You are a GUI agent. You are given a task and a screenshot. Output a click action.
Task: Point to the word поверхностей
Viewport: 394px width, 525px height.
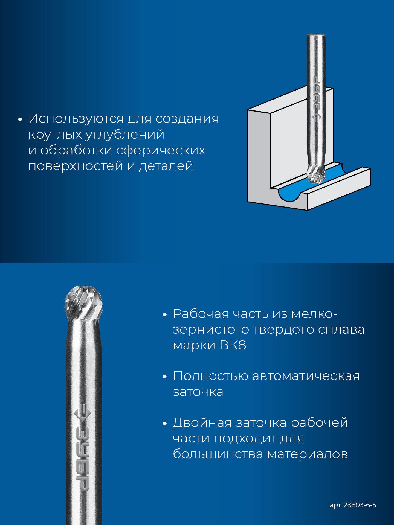click(x=76, y=166)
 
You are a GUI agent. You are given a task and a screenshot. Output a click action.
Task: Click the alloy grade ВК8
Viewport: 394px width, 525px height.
click(x=233, y=345)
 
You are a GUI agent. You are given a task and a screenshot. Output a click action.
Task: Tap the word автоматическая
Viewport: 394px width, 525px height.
click(x=306, y=376)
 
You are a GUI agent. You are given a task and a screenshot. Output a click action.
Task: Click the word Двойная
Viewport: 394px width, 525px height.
click(x=202, y=423)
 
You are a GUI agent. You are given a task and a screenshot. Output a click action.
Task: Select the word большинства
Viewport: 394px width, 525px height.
click(x=218, y=454)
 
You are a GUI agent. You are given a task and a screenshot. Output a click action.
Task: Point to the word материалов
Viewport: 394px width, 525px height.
click(x=307, y=454)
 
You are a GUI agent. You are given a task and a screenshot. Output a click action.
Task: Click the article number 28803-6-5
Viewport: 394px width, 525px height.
click(x=360, y=505)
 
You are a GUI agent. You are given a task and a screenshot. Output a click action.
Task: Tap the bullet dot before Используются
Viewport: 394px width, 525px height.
click(x=20, y=120)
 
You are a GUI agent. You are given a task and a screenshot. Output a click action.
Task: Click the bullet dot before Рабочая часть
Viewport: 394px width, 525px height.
click(x=164, y=315)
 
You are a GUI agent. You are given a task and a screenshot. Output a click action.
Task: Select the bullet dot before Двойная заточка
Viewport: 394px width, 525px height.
click(x=164, y=424)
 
